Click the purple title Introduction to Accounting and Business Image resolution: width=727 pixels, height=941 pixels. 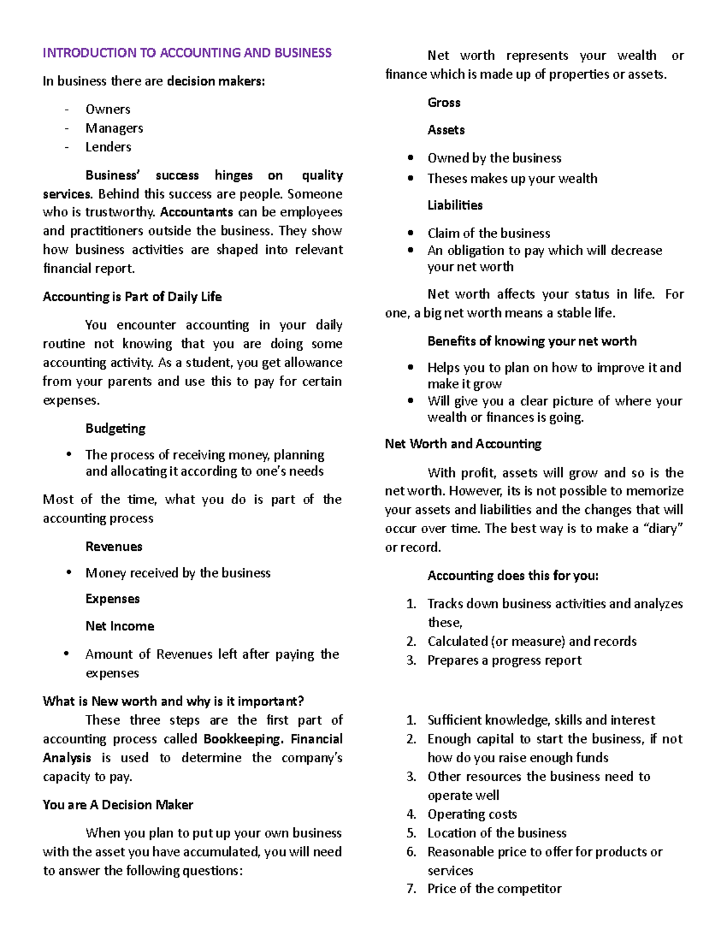(187, 53)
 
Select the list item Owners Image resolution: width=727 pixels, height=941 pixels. (108, 109)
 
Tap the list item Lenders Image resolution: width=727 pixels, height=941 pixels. (108, 147)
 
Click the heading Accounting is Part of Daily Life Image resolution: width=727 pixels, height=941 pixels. (132, 296)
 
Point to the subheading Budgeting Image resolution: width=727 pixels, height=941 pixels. (115, 428)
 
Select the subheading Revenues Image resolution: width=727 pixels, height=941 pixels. (114, 546)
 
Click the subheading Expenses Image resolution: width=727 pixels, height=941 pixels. (113, 599)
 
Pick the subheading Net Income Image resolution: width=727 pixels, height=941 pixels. (120, 626)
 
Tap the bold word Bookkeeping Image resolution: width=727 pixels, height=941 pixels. (242, 739)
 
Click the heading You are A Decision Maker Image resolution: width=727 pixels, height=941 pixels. (118, 805)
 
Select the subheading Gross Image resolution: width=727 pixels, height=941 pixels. (444, 102)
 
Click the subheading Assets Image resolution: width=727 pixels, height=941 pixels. (446, 130)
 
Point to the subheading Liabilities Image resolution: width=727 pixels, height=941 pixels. (455, 205)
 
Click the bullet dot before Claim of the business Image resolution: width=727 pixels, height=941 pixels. (411, 233)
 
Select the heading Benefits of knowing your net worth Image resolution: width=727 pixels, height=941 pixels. (532, 341)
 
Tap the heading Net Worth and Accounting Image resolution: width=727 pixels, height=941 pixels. (463, 444)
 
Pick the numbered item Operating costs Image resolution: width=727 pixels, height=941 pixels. (472, 814)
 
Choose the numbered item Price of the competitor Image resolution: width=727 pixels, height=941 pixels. (494, 888)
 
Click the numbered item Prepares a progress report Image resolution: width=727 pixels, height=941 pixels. (504, 660)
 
